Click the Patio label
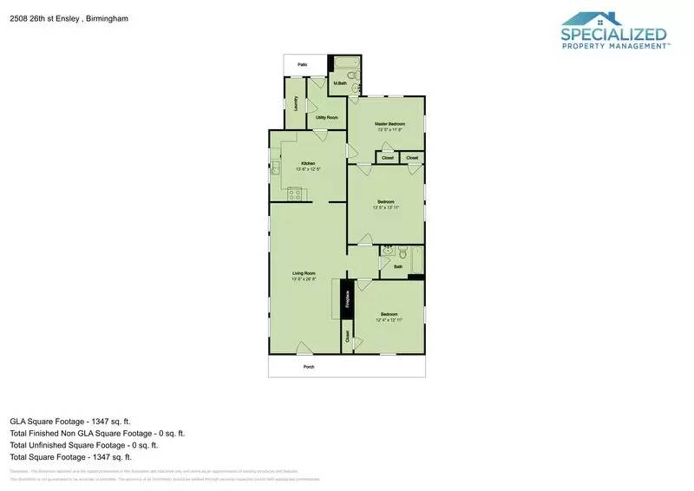[303, 64]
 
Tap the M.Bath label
[340, 84]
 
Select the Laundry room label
[296, 102]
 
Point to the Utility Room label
[326, 116]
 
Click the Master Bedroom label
[390, 124]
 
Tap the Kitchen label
[308, 163]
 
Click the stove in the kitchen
[295, 193]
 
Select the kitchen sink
[273, 168]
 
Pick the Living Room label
[303, 273]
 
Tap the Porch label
[308, 368]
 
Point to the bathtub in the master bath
[346, 63]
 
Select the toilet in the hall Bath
[390, 252]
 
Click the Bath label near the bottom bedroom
[397, 267]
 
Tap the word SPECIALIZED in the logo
[613, 35]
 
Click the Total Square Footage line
[70, 456]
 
